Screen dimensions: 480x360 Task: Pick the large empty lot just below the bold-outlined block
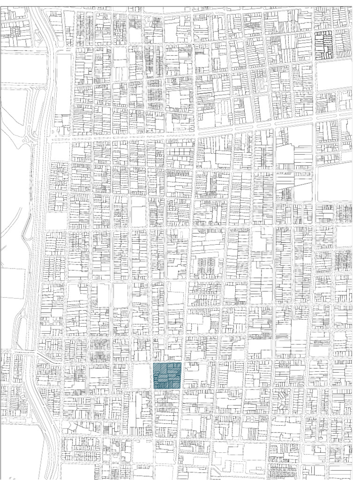coord(333,75)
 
